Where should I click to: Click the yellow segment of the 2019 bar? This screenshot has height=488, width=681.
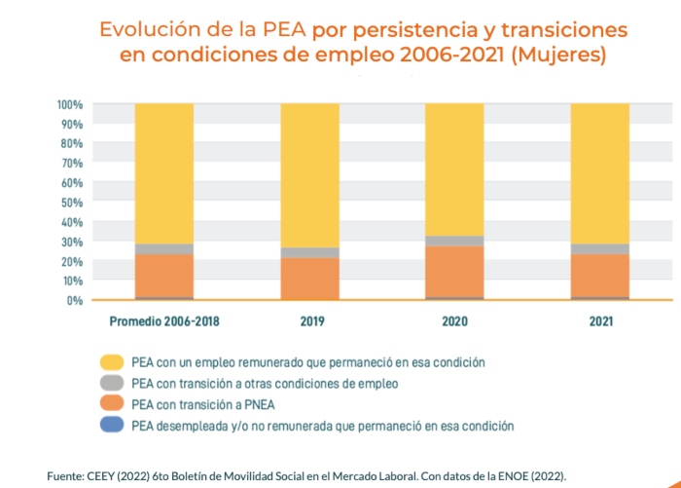tap(310, 175)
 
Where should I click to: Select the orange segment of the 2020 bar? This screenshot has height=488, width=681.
tap(455, 272)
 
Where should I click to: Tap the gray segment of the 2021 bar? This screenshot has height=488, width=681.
tap(600, 248)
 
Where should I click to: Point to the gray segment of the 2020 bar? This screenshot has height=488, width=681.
tap(455, 241)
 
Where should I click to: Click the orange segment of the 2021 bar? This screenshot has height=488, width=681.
tap(600, 275)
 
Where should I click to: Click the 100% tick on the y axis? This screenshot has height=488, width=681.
tap(69, 104)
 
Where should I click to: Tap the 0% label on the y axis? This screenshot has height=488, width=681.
tap(75, 300)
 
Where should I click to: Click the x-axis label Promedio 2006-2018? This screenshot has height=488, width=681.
tap(163, 320)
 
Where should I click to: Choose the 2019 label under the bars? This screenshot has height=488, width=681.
tap(310, 320)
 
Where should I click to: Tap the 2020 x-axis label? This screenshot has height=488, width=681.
tap(455, 320)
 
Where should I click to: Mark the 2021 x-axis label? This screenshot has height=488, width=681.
tap(600, 320)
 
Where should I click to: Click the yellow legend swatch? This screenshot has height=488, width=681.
tap(112, 362)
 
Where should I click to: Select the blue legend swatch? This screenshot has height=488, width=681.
tap(112, 426)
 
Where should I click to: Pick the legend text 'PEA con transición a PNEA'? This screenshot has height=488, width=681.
tap(201, 404)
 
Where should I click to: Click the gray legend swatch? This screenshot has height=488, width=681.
tap(112, 384)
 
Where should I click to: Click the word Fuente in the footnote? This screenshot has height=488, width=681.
tap(67, 474)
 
